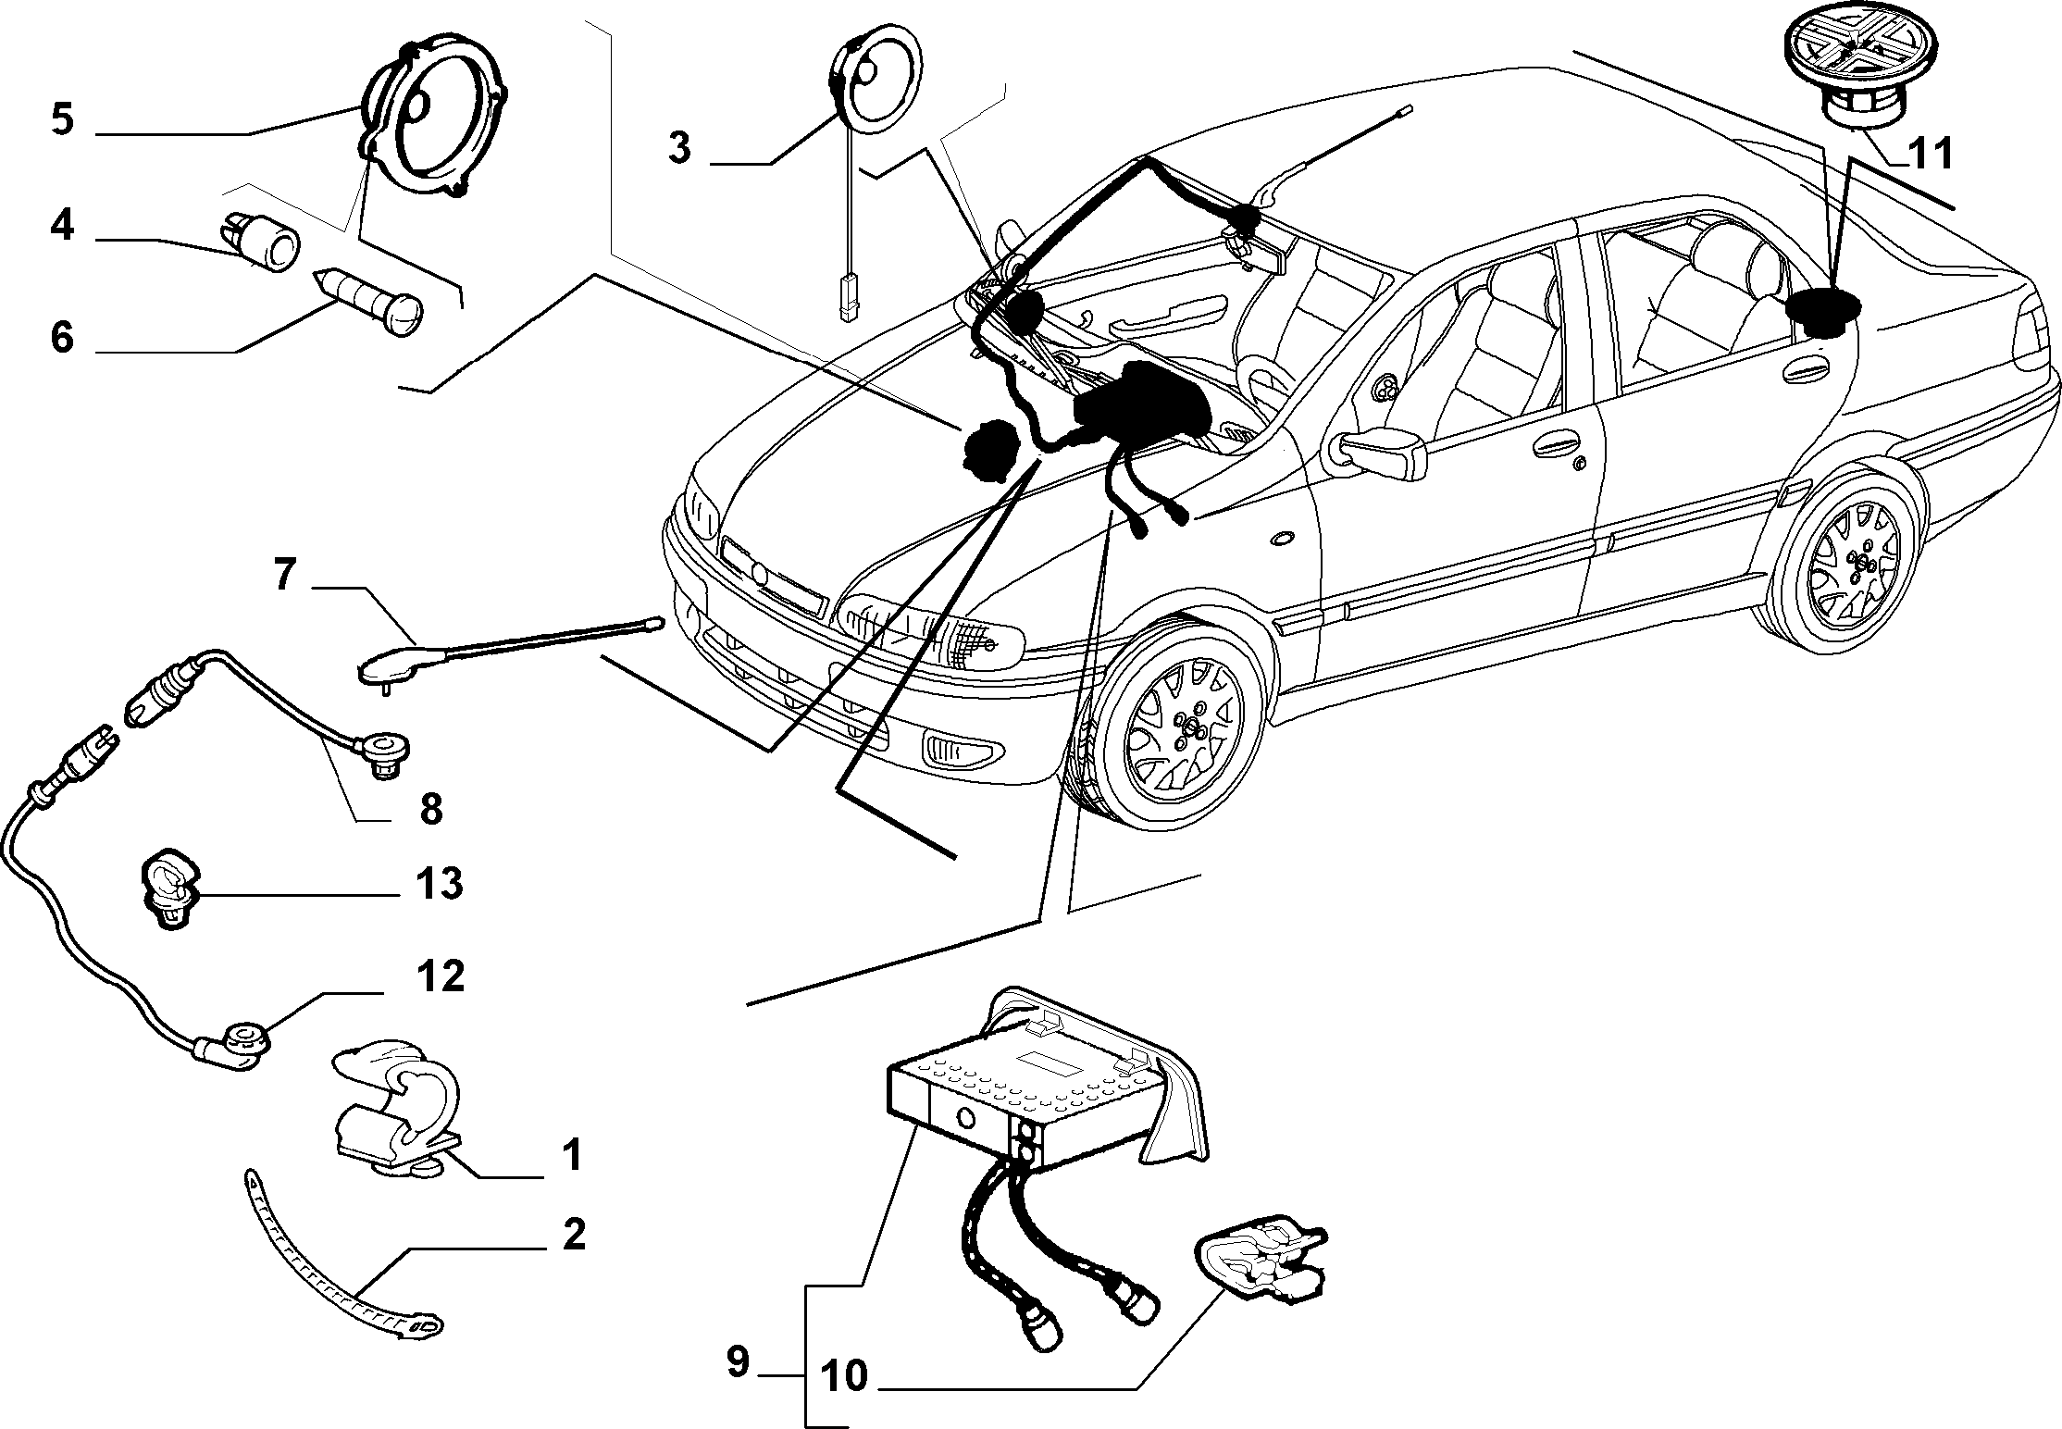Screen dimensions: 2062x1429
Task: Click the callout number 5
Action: coord(62,120)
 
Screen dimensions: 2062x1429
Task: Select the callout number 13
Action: coord(439,884)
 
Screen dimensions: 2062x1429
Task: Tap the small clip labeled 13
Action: coord(170,889)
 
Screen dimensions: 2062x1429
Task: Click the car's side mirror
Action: coord(1378,453)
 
